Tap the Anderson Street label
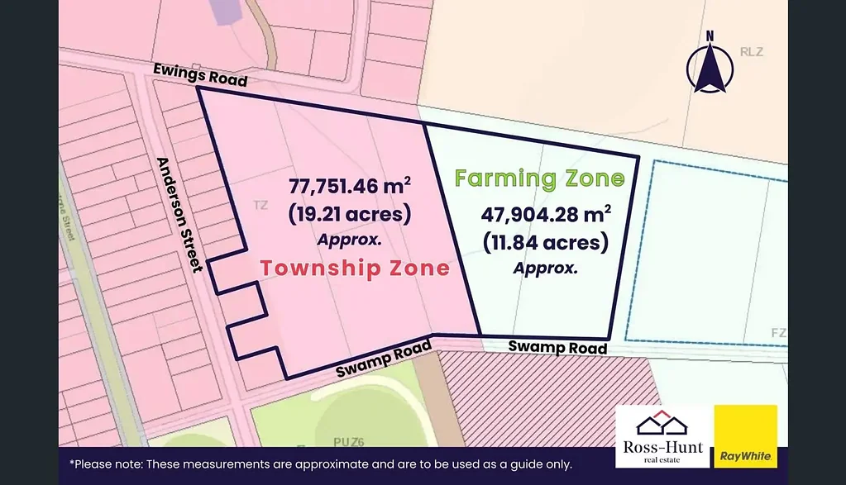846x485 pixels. coord(179,214)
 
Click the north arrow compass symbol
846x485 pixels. coord(709,63)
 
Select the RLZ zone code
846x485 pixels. coord(752,52)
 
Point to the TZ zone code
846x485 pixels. coord(260,205)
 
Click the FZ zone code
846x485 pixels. coord(778,333)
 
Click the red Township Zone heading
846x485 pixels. coord(355,268)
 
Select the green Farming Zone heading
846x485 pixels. coord(539,178)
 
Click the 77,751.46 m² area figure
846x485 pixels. coord(350,186)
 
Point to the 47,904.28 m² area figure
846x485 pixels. coord(546,214)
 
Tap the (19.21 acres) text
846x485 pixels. coord(350,214)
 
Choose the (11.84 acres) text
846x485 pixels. coord(546,242)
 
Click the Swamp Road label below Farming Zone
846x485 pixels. coord(557,347)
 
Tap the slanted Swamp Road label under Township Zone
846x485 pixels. coord(384,360)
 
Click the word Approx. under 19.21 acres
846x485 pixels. coord(349,240)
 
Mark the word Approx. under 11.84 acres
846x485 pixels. coord(545,269)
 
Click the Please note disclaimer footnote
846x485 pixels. coord(321,464)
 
